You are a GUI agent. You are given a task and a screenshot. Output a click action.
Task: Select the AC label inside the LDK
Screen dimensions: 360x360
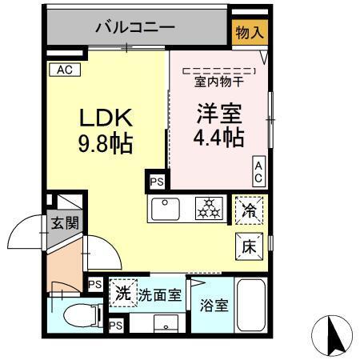(x=63, y=70)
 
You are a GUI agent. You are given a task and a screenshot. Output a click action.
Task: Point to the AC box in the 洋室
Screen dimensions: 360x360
(x=259, y=170)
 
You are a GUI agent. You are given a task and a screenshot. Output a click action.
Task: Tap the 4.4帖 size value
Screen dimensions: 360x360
(x=218, y=138)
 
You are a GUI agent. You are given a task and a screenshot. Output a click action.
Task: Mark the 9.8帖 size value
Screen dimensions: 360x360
(x=104, y=144)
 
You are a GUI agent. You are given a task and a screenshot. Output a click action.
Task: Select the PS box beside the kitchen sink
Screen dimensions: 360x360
(x=154, y=182)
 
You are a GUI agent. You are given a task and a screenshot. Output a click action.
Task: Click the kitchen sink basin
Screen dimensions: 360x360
(x=167, y=210)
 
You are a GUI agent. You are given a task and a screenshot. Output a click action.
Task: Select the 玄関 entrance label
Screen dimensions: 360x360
(x=65, y=222)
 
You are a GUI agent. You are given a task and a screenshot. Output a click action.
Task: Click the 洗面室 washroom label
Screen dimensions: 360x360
(x=158, y=294)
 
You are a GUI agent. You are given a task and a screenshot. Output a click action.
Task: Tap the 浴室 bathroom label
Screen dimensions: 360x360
(x=212, y=305)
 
